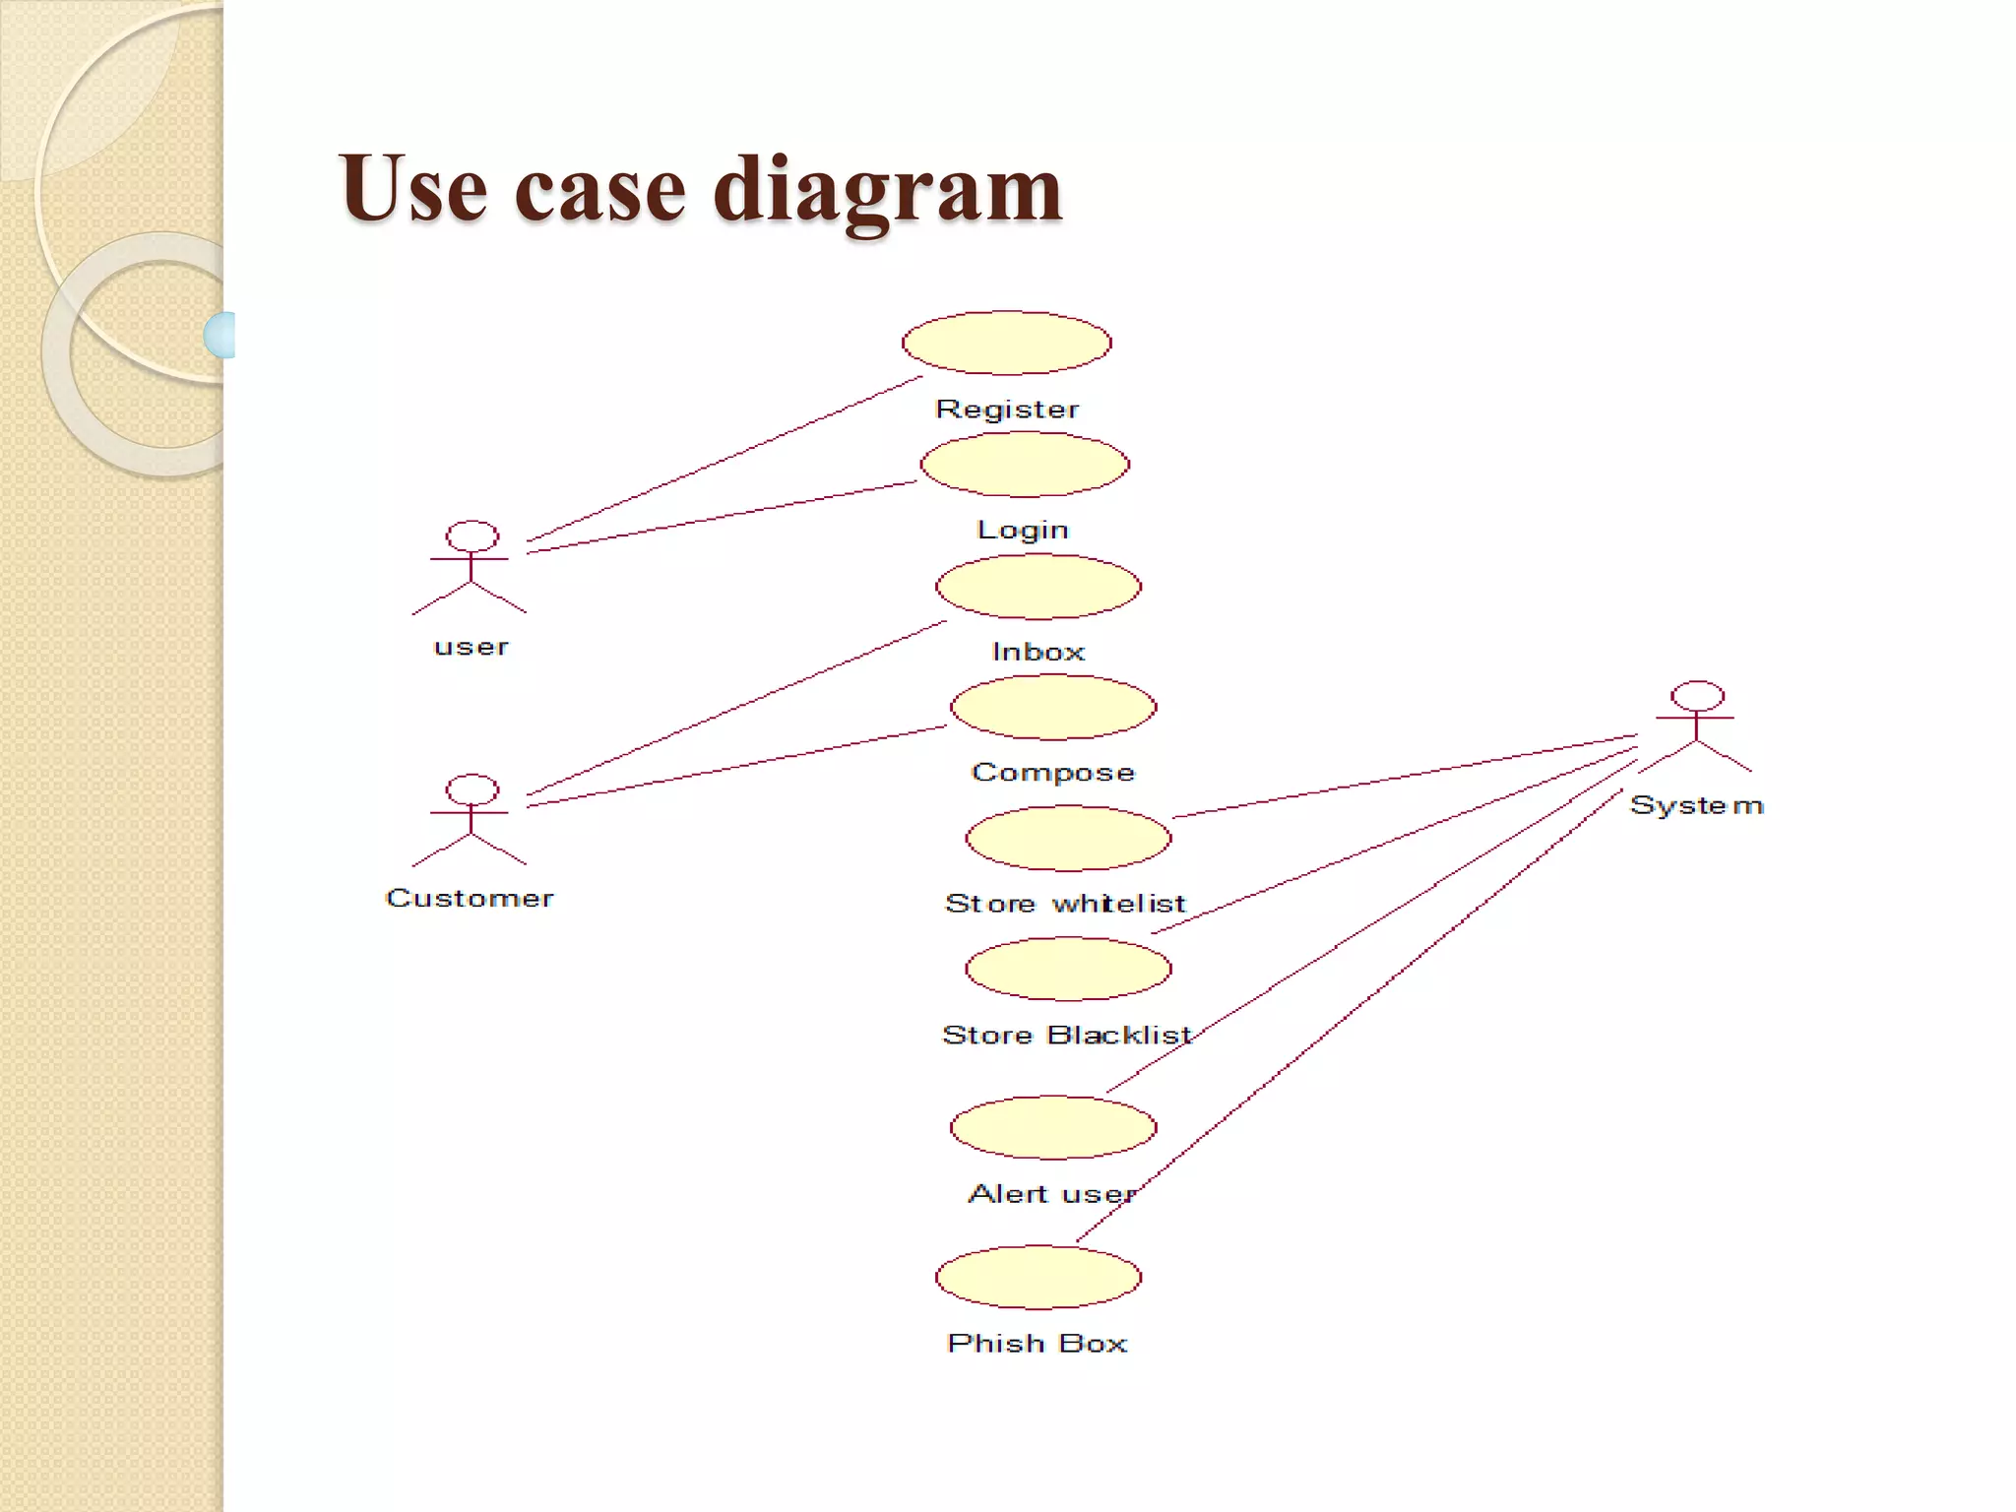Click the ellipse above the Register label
point(1006,343)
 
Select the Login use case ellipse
point(1024,465)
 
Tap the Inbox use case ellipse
point(1039,587)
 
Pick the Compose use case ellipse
point(1052,707)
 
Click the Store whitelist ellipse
point(1068,838)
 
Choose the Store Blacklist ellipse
point(1068,969)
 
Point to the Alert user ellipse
point(1052,1127)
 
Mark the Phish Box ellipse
point(1038,1277)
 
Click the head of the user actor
point(472,536)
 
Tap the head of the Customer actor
point(472,789)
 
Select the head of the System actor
point(1697,696)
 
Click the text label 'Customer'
point(470,898)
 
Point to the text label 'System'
point(1696,805)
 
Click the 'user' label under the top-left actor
point(472,648)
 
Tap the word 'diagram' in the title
point(887,189)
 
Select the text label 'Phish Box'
point(1037,1344)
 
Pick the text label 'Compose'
point(1052,773)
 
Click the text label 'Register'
point(1006,409)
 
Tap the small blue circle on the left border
point(220,335)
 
